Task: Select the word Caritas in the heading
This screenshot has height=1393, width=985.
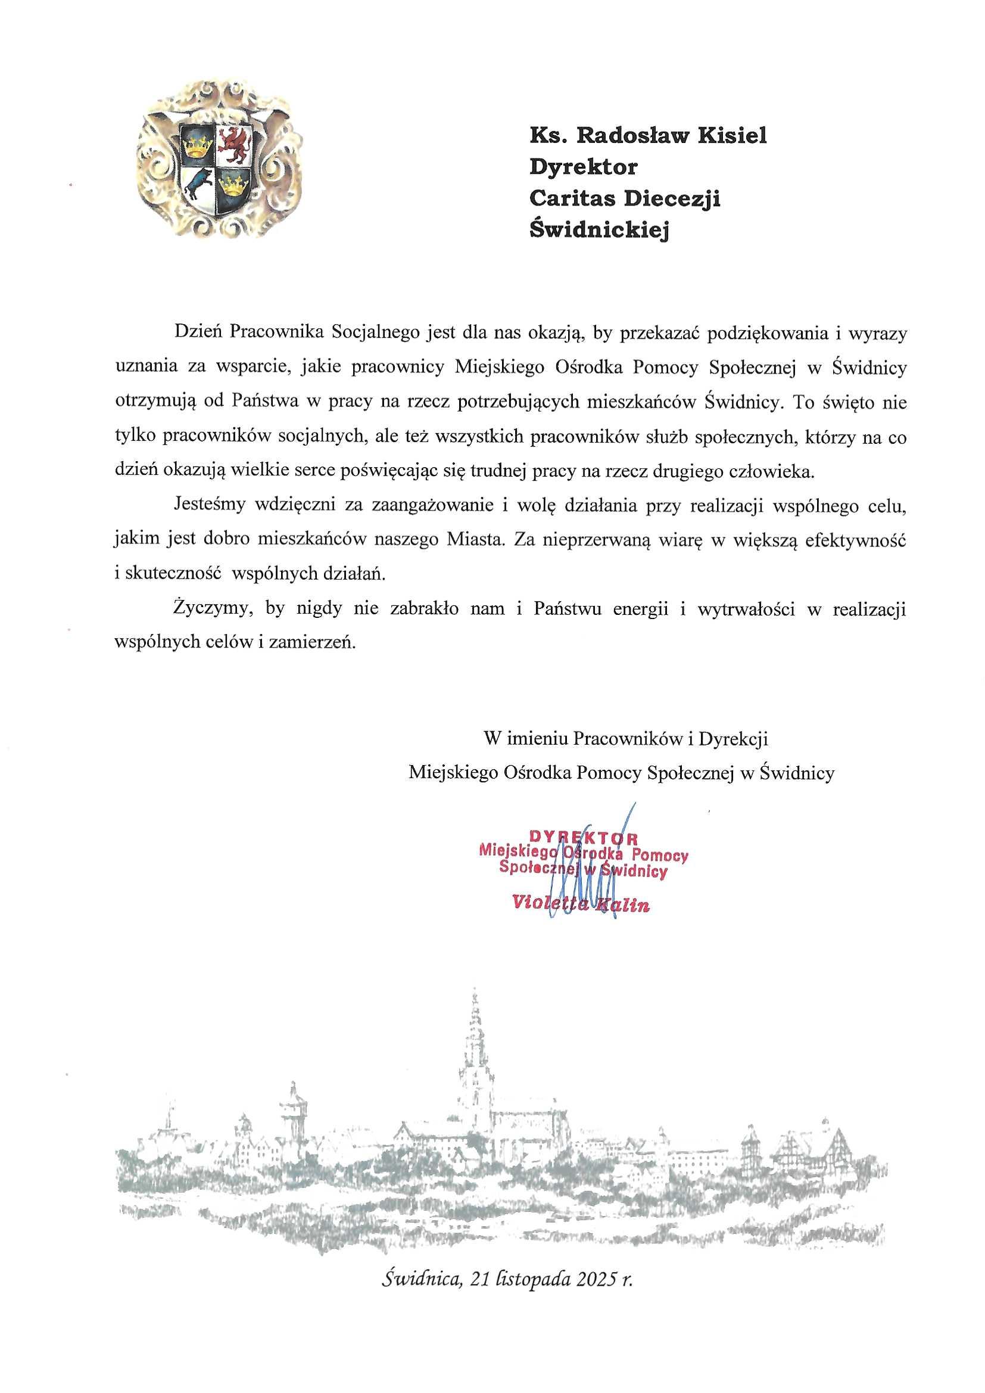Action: (x=572, y=198)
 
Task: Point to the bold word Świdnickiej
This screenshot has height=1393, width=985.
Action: (x=599, y=230)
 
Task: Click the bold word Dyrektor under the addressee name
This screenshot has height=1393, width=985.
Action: (x=583, y=167)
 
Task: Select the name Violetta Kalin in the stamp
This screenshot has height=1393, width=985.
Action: (x=581, y=904)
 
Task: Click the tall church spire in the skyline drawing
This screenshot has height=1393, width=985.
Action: (x=474, y=1031)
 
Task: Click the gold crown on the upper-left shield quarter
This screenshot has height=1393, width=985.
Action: (x=195, y=144)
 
